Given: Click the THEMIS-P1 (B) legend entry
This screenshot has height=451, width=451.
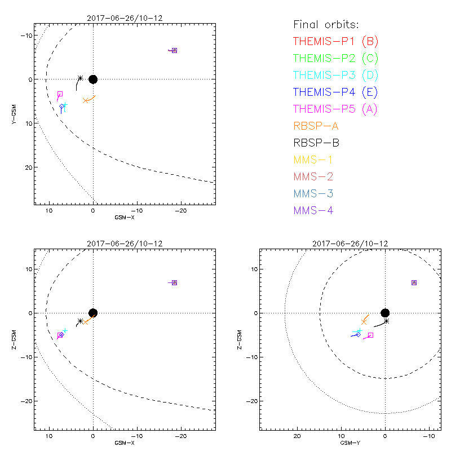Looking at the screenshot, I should [x=335, y=41].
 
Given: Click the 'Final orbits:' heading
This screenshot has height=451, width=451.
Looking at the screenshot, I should [x=326, y=24].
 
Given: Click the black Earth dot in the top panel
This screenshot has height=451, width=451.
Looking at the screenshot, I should [x=93, y=79].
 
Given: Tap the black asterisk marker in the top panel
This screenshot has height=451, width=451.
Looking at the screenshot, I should [x=80, y=78].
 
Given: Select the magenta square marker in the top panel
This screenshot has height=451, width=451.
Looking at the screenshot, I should [x=60, y=94].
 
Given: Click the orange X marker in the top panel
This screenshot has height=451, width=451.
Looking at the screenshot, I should [x=86, y=100].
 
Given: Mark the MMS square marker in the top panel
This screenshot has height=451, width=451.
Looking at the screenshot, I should [x=174, y=50].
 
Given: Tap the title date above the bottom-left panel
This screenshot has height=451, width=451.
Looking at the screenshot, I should [x=125, y=244].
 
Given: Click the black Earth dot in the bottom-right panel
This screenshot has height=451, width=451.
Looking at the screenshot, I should [x=385, y=313].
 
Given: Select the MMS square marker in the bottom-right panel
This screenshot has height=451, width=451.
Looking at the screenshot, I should [x=414, y=282].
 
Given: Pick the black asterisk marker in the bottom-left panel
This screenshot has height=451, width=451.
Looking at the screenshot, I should [x=80, y=321].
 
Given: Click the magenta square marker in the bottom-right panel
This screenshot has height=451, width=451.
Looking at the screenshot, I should [x=370, y=335].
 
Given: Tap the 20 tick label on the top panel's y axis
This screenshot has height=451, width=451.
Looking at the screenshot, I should [x=27, y=167].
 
